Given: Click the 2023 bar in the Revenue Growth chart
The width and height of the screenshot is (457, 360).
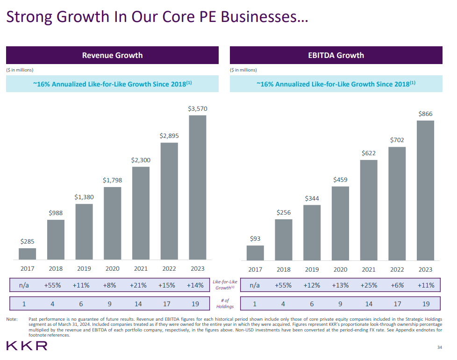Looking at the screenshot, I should click(197, 187).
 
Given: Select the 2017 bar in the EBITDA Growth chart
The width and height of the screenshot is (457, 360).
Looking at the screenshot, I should click(255, 252).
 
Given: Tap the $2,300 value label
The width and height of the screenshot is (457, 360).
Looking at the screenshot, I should click(141, 160).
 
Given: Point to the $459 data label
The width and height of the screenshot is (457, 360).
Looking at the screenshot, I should click(340, 180).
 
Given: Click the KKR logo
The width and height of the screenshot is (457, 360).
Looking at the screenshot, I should click(27, 346).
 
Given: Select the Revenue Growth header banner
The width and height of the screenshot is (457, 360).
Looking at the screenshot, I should click(112, 55).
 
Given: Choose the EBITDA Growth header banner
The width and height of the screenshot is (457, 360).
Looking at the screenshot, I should click(336, 55).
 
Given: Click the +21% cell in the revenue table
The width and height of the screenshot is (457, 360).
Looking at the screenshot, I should click(138, 285).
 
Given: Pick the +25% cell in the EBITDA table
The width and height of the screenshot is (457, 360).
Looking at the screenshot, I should click(369, 285).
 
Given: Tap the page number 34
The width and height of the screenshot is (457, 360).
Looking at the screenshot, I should click(439, 347).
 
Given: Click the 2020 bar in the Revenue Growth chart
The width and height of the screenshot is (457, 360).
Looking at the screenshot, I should click(112, 223).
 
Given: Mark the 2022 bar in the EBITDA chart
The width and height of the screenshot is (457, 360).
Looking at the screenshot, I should click(397, 203).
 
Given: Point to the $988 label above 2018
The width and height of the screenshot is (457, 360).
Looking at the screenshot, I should click(56, 213).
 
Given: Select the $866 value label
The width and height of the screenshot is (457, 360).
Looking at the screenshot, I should click(425, 114).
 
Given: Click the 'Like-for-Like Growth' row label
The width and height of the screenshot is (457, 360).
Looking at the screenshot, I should click(225, 285).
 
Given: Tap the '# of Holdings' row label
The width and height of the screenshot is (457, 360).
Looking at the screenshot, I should click(225, 303).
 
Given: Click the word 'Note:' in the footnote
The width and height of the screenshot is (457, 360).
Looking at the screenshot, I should click(12, 319).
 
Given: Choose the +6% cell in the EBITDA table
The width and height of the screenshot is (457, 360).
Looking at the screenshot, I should click(397, 285).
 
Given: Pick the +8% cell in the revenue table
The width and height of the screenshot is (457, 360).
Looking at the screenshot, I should click(109, 285).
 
